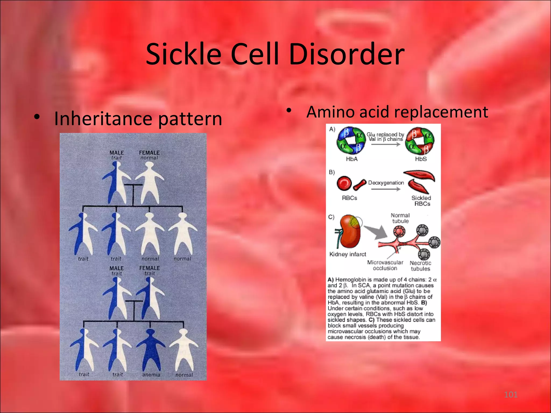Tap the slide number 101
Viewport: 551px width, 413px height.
pyautogui.click(x=511, y=394)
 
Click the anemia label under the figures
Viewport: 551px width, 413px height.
pyautogui.click(x=151, y=375)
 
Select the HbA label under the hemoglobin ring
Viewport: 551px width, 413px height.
pyautogui.click(x=352, y=159)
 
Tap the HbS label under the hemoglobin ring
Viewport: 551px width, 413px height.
pyautogui.click(x=421, y=159)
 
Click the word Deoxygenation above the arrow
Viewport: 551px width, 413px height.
pyautogui.click(x=386, y=183)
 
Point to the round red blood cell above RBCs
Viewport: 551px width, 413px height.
pyautogui.click(x=344, y=183)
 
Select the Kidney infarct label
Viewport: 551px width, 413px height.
pyautogui.click(x=348, y=254)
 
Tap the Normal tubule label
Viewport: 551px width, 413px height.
pyautogui.click(x=400, y=218)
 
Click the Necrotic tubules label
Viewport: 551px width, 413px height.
pyautogui.click(x=420, y=266)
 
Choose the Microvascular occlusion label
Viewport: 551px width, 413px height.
pyautogui.click(x=385, y=265)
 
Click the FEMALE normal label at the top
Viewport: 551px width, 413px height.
pyautogui.click(x=149, y=155)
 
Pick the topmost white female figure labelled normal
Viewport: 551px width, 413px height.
pyautogui.click(x=149, y=183)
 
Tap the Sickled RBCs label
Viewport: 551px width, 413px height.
pyautogui.click(x=421, y=201)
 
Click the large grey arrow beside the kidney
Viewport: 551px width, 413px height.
pyautogui.click(x=376, y=232)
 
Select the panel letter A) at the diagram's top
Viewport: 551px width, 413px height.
pyautogui.click(x=332, y=129)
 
